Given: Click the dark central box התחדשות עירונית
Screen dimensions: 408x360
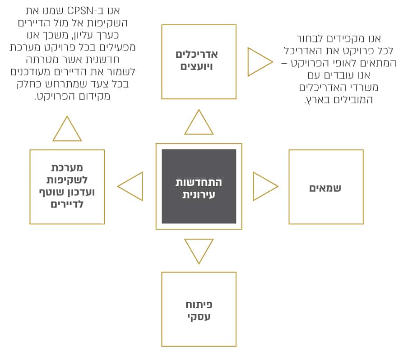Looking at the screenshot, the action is click(x=199, y=186).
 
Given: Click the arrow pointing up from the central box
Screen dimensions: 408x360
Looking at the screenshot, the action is click(x=199, y=122).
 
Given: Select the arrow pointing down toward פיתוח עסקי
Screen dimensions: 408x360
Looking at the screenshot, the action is click(x=199, y=251).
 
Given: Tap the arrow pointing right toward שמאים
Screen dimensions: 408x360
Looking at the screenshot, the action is click(x=265, y=186).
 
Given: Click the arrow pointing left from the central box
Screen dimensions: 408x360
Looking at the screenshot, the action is click(x=130, y=186).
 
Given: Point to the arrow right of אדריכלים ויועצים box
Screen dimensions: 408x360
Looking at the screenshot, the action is click(x=260, y=62).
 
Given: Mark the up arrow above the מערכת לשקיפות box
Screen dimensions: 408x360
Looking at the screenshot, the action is click(x=67, y=129).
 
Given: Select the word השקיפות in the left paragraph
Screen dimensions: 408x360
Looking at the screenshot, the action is click(x=105, y=23).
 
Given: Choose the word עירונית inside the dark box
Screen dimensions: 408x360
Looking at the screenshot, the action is click(x=199, y=194).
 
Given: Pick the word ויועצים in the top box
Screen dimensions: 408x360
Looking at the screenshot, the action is click(x=197, y=67).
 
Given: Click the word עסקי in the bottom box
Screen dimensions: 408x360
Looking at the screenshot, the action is click(x=199, y=317).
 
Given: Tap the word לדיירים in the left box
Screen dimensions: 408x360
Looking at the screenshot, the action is click(x=67, y=204).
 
